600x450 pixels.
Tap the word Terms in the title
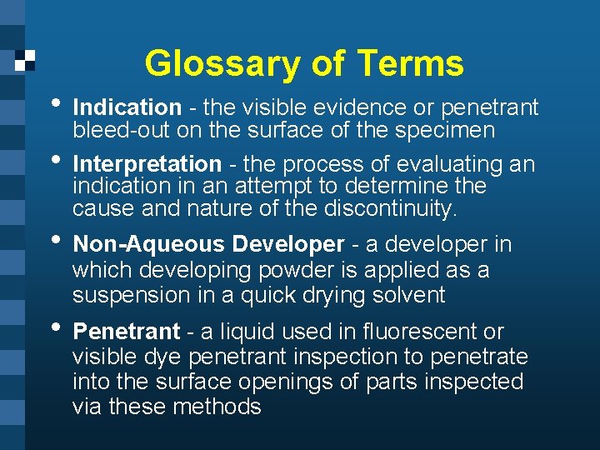tap(410, 63)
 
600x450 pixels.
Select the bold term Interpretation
tap(147, 164)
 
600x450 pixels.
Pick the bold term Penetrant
tap(126, 332)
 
